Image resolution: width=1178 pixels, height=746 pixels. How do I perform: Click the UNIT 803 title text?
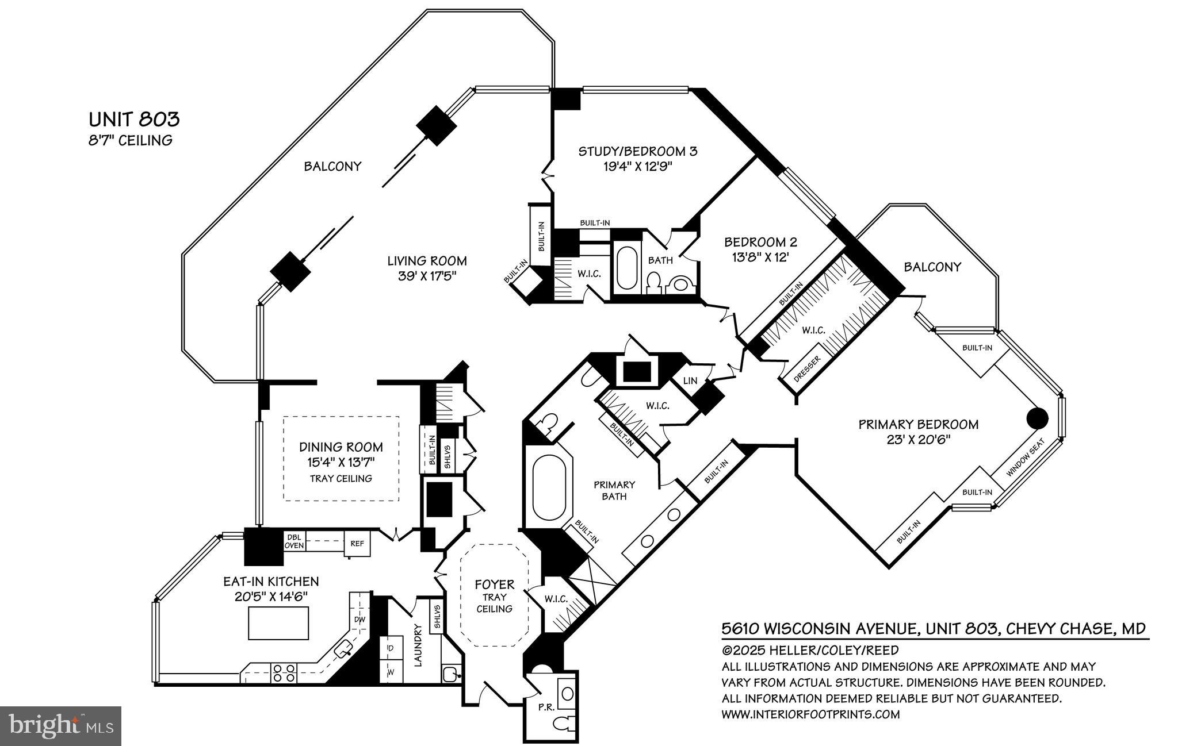click(134, 120)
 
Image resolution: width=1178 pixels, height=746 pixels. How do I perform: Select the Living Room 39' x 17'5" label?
click(427, 268)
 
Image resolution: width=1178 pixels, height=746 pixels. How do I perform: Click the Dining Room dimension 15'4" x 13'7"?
click(341, 462)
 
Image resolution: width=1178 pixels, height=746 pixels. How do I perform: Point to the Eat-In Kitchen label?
click(271, 582)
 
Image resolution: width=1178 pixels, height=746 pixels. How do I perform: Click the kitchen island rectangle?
click(278, 623)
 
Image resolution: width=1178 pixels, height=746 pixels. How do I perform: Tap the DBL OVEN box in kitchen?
click(294, 541)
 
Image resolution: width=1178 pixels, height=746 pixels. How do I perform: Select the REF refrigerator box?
click(357, 543)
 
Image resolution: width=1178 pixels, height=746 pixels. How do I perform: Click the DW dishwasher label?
click(359, 620)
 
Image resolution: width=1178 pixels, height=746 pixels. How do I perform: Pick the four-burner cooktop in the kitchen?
click(284, 673)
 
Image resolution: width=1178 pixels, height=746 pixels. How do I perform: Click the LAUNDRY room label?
click(418, 645)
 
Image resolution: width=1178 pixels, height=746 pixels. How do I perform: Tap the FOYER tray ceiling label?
click(494, 595)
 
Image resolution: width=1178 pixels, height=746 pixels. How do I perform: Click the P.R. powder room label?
click(546, 707)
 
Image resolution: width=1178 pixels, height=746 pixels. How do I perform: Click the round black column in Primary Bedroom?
click(1038, 418)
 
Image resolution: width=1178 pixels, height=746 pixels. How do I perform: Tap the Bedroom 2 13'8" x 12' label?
click(760, 249)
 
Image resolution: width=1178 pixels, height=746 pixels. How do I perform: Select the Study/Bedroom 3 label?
click(637, 159)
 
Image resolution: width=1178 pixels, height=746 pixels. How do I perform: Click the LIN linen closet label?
click(690, 381)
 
